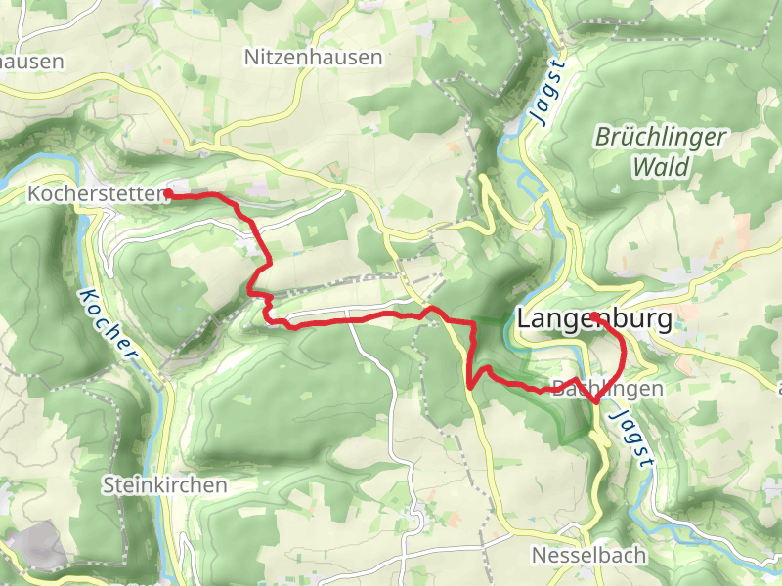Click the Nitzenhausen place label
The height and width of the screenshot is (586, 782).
(313, 58)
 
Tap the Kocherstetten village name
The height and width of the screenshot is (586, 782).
(96, 194)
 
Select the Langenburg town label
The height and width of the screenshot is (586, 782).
(594, 319)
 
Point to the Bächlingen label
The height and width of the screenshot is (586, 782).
(607, 388)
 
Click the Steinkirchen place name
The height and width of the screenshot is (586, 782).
(164, 484)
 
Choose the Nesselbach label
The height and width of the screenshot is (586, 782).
(588, 555)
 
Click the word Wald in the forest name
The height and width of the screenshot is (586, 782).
(660, 167)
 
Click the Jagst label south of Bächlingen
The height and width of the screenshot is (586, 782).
(629, 440)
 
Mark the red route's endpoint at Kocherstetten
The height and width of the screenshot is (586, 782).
(168, 194)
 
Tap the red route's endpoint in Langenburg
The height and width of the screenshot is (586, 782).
(594, 315)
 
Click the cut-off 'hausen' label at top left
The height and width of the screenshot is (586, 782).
(31, 61)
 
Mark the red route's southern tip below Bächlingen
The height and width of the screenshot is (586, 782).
(596, 400)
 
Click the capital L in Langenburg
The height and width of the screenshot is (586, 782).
(524, 319)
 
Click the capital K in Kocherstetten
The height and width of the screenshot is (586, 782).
(35, 194)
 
